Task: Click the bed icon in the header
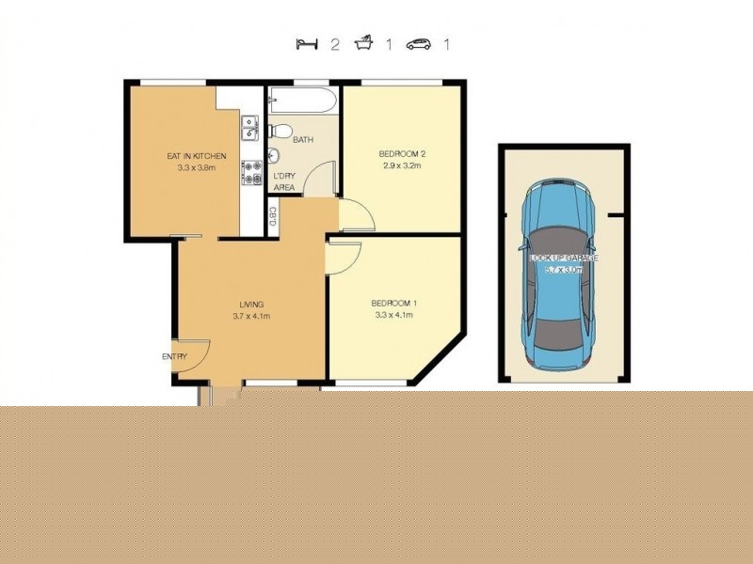pos(306,44)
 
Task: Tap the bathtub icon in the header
pos(363,44)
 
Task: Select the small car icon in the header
pos(419,44)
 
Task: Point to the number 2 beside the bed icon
pos(334,44)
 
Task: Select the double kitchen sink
pos(250,128)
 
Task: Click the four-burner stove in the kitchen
pos(251,173)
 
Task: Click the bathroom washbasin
pos(274,155)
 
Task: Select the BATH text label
pos(303,140)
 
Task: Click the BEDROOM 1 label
pos(394,303)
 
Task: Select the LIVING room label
pos(251,305)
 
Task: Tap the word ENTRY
pos(174,356)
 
